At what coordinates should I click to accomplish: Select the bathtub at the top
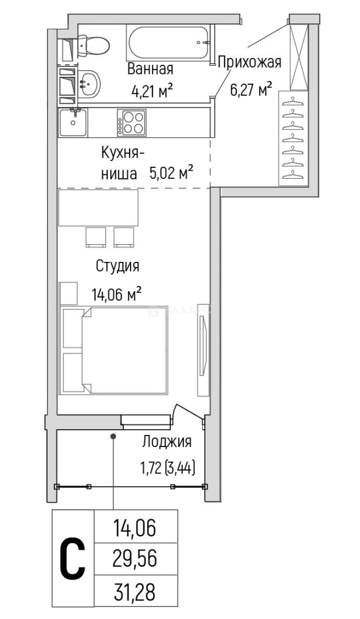coord(169,41)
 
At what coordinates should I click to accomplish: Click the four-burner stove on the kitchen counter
coord(131,122)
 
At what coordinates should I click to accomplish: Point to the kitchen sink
coord(73,122)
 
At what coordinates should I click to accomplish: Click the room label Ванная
coord(150,69)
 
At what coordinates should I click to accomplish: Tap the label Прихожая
coord(248,62)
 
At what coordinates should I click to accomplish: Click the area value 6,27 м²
coord(251,89)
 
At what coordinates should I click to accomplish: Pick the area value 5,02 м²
coord(170,173)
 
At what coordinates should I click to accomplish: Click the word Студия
coord(117,266)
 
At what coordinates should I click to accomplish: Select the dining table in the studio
coord(99,208)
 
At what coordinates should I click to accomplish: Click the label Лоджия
coord(166,441)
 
